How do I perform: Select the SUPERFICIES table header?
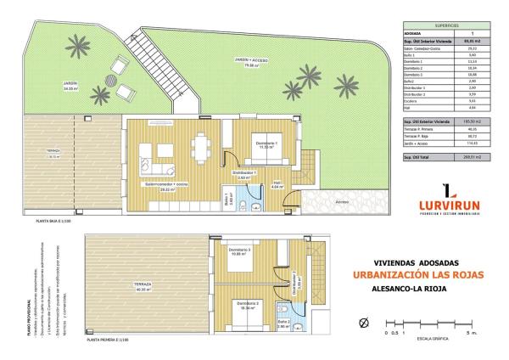click(x=433, y=25)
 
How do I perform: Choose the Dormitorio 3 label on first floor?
click(x=240, y=250)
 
